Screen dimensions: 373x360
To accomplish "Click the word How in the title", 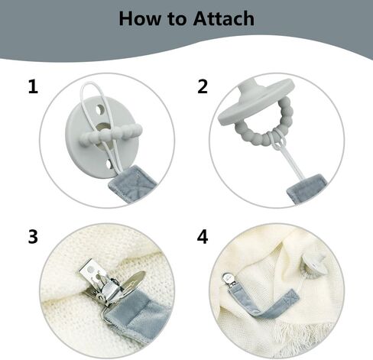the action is tap(140, 18).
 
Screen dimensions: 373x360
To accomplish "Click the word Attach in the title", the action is tap(223, 18).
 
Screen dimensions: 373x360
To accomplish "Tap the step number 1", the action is tap(33, 87).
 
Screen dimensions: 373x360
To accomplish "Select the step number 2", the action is tap(203, 87).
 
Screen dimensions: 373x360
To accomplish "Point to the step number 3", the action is tap(33, 237).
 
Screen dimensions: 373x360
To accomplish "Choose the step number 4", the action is tap(203, 237).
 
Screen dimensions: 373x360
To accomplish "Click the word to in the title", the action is tap(177, 19).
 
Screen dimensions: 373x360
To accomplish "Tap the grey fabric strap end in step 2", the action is tap(307, 188).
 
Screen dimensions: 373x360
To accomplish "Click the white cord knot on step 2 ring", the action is tap(278, 139).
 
